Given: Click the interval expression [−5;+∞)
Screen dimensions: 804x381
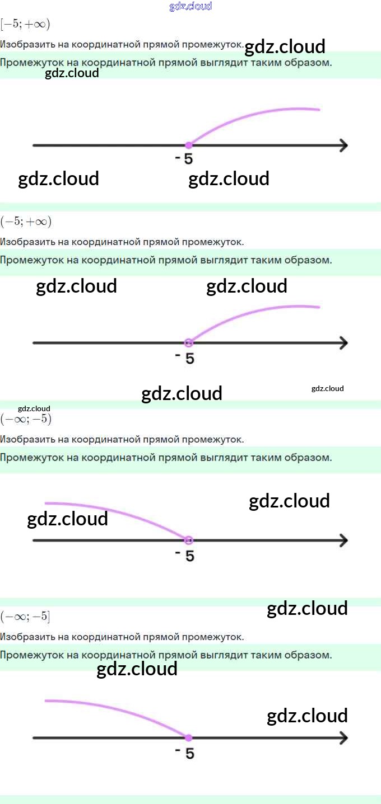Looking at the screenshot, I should click(25, 24).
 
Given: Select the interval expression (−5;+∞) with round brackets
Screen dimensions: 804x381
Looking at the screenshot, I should click(26, 222).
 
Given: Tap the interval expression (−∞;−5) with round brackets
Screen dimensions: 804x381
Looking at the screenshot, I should click(26, 419).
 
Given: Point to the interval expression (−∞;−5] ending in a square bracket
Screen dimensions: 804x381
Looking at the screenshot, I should click(25, 617).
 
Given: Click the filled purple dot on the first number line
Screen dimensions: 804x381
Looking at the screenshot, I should click(189, 145).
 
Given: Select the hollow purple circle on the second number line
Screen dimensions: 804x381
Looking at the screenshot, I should click(189, 342).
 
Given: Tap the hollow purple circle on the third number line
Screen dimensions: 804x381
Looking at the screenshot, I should click(189, 540).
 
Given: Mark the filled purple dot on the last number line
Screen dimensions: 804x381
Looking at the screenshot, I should click(189, 737).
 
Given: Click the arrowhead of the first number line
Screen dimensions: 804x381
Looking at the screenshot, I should click(343, 145).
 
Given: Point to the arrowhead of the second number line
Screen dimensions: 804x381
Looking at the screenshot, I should click(343, 342).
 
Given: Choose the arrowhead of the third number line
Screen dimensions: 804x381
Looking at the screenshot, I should click(343, 540).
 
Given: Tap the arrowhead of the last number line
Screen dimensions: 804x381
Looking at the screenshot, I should click(343, 738).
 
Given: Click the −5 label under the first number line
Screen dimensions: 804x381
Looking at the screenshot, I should click(184, 159).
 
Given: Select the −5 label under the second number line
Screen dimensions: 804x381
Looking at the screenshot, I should click(185, 358).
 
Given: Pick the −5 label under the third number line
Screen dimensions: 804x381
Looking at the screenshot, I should click(185, 556).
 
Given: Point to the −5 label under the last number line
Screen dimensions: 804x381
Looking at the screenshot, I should click(185, 753).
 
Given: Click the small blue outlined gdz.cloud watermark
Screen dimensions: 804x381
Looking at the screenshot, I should click(190, 6).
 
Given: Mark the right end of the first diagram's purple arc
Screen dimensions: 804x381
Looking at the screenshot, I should click(318, 110).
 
